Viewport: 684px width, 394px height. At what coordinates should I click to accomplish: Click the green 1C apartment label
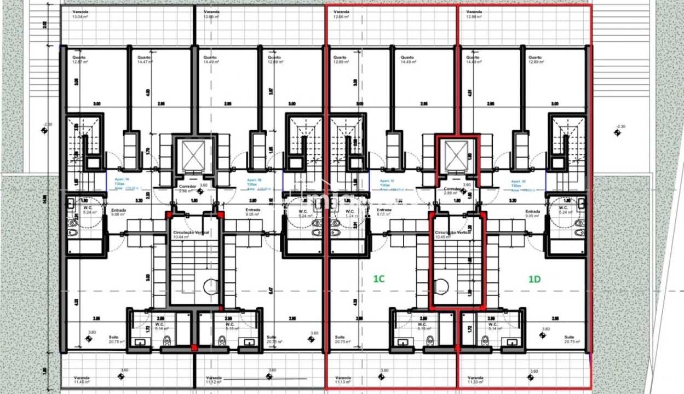point(379,279)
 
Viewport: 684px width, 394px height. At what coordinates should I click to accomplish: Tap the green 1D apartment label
point(534,279)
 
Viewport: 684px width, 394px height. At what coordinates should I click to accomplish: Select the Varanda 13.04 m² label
point(81,14)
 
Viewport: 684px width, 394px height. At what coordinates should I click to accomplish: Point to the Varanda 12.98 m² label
point(474,14)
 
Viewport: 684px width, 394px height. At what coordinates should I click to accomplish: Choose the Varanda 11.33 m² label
point(474,380)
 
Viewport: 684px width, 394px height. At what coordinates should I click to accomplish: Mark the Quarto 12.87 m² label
point(81,60)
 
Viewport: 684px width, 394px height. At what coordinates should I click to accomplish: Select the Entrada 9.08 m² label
point(119,212)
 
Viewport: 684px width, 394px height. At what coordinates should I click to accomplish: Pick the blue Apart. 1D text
point(519,182)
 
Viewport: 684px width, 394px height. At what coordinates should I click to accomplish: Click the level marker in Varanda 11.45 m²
point(121,376)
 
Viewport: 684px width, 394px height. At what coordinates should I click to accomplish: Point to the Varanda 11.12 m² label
point(214,380)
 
